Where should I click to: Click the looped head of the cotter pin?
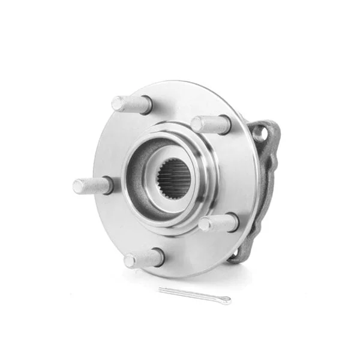[x=225, y=301]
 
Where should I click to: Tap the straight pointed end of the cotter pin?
[x=161, y=289]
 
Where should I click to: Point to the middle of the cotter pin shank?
[x=192, y=295]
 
